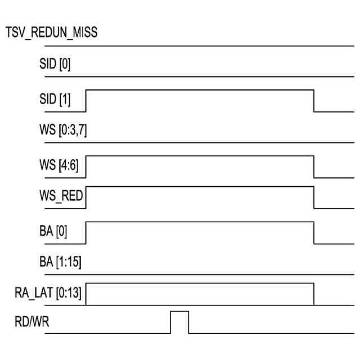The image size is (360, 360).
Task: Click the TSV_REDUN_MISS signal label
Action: [51, 33]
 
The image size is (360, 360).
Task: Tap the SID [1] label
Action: [55, 99]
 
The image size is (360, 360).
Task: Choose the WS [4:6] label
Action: [58, 165]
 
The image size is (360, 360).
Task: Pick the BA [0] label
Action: [53, 232]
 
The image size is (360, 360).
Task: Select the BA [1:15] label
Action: [58, 263]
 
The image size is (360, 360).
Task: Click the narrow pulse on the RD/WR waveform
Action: [179, 321]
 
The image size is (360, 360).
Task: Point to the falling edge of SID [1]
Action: [314, 100]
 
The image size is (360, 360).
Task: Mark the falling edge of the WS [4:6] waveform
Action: [314, 166]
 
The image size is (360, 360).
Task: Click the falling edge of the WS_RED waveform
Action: [314, 197]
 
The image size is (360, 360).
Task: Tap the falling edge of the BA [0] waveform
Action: [314, 233]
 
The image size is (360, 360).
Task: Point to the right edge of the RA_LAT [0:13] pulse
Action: [314, 294]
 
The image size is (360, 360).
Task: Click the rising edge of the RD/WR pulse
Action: [170, 322]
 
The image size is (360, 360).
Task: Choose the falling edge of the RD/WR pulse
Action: [189, 322]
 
